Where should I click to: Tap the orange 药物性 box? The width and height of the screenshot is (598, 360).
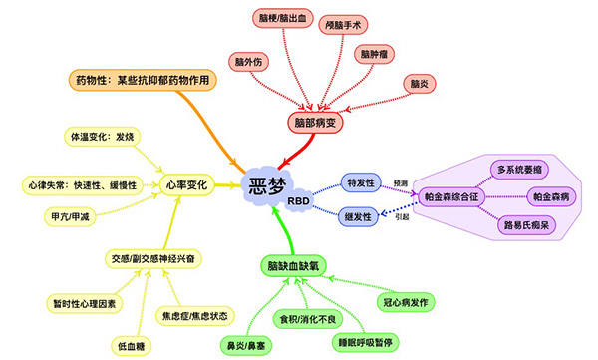click(x=144, y=79)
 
